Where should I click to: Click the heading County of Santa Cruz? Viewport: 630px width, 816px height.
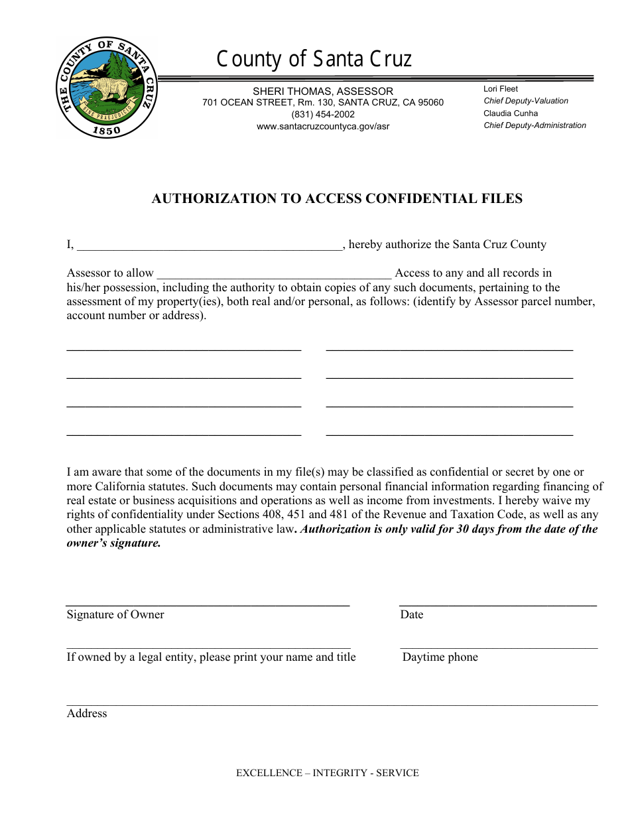(314, 60)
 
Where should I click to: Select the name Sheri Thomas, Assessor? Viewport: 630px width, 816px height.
(323, 91)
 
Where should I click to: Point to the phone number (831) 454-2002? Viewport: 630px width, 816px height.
(323, 114)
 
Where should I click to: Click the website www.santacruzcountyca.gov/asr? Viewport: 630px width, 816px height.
(323, 126)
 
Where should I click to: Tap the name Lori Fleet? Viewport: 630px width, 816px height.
(501, 89)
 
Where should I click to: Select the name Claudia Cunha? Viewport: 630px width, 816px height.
(511, 113)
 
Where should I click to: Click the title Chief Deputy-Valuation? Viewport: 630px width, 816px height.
(526, 101)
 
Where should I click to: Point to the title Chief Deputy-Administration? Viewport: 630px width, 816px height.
(535, 125)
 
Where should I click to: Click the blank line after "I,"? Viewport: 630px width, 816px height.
(210, 245)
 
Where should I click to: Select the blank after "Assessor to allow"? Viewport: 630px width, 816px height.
(274, 274)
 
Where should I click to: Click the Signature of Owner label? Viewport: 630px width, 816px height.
(115, 614)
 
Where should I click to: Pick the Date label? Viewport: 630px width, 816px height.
(411, 614)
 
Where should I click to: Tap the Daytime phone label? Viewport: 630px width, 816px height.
(440, 657)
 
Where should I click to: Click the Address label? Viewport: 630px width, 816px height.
(87, 713)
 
